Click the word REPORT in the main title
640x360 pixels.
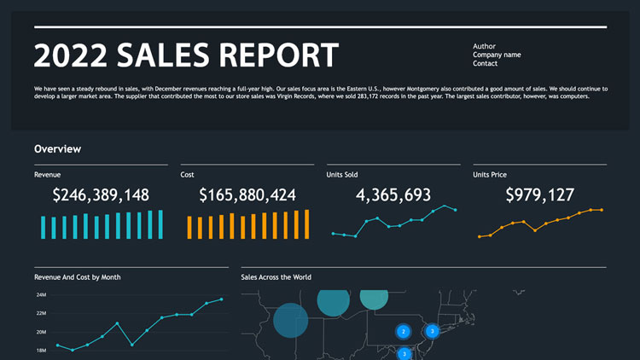[x=278, y=55]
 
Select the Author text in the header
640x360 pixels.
[x=484, y=46]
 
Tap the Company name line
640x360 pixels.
[x=497, y=55]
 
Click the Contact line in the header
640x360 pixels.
[x=486, y=63]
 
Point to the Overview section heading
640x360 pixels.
[x=57, y=149]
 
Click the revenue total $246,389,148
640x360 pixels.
[x=101, y=195]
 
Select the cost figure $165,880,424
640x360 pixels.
[x=247, y=195]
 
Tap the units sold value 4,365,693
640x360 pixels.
[x=393, y=195]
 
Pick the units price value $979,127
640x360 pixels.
[x=539, y=195]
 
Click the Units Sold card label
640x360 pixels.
[x=342, y=175]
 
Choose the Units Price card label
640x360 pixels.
[x=490, y=175]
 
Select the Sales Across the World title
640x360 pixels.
[x=276, y=277]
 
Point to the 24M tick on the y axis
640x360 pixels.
[x=40, y=295]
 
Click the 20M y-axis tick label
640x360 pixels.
[x=40, y=332]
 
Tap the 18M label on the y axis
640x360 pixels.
[x=40, y=350]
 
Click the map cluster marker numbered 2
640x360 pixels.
[x=403, y=331]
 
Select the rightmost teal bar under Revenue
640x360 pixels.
[x=159, y=224]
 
